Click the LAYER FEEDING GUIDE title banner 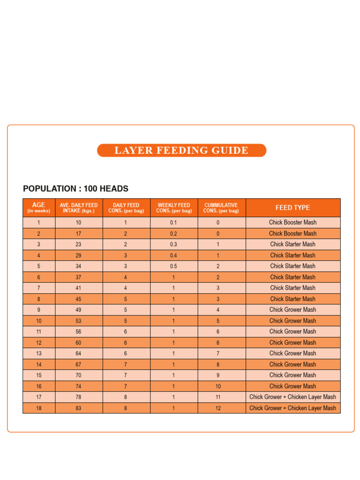[181, 150]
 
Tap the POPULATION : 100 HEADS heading [75, 189]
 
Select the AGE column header [39, 208]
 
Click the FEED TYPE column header [292, 208]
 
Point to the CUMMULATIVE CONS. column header [221, 208]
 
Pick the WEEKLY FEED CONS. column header [174, 208]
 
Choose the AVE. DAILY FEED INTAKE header [79, 208]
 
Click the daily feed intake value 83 [78, 408]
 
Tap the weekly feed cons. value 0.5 [173, 266]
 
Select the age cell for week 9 [39, 310]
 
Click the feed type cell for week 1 [292, 223]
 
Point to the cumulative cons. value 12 [218, 408]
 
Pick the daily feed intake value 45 [78, 299]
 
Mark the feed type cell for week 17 [292, 397]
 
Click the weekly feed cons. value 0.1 [173, 223]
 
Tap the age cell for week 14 [39, 364]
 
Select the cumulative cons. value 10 [218, 386]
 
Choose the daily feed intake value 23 [78, 244]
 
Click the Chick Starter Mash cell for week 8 [292, 299]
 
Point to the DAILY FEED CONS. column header [126, 208]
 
